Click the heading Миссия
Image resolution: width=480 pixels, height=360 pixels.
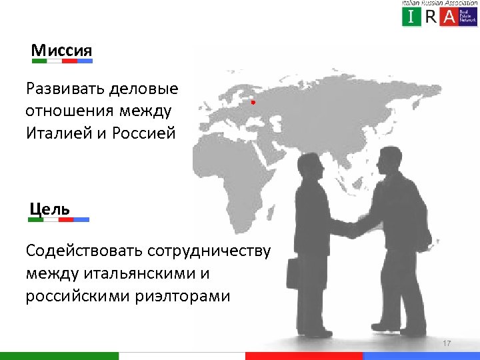coord(62,50)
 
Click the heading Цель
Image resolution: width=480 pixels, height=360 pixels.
coord(51,207)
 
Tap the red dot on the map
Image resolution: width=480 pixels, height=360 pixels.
coord(253,103)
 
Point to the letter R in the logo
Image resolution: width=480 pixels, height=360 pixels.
coord(431,17)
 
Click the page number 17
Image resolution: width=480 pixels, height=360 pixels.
coord(447,343)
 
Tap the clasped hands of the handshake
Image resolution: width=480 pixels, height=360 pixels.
coord(351,229)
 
